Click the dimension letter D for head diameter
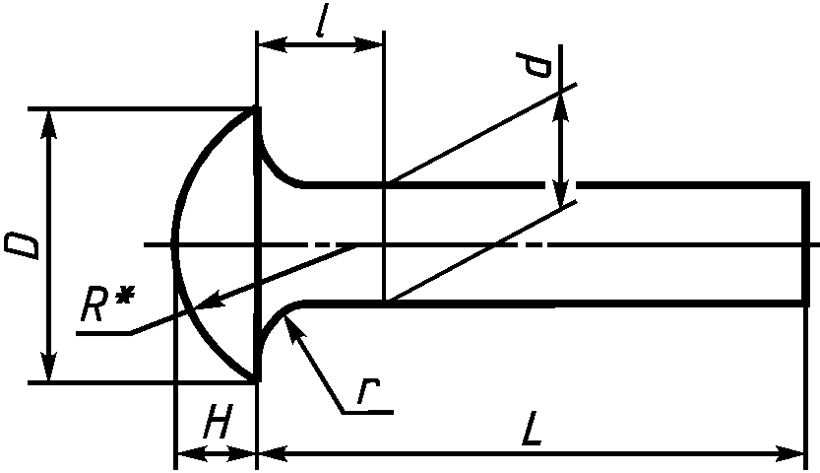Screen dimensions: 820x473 point(22,247)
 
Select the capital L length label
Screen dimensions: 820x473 point(532,429)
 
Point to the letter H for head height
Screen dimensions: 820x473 point(216,421)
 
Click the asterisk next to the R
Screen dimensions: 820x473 point(122,297)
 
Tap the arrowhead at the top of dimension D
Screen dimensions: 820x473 point(49,124)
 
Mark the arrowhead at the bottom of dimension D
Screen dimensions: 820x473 point(49,368)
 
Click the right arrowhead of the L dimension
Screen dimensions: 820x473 point(789,453)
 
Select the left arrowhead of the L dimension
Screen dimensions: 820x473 point(272,453)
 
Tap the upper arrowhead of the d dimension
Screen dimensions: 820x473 point(561,108)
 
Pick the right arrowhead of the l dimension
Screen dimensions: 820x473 point(369,45)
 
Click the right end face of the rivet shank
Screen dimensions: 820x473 point(806,244)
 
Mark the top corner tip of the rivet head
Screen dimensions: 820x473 point(257,106)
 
